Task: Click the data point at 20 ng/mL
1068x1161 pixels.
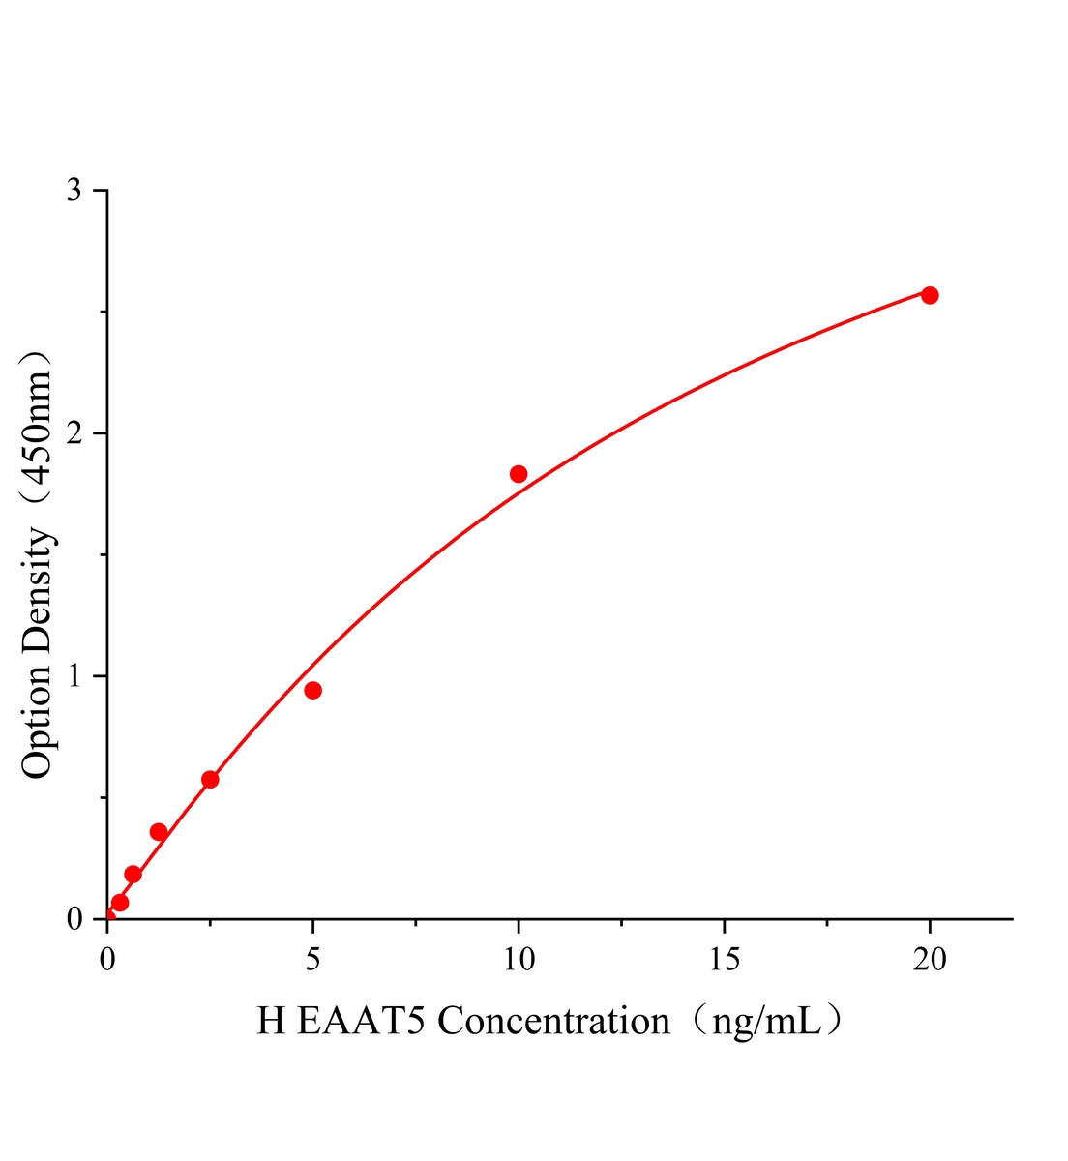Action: (929, 295)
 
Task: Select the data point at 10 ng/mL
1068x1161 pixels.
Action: (519, 474)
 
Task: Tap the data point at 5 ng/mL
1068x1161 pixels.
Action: (312, 690)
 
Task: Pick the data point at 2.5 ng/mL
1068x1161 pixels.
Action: (210, 780)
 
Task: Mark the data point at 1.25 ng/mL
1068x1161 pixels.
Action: (159, 832)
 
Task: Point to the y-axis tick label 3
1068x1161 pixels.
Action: (74, 191)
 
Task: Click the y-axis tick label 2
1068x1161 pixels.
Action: (74, 433)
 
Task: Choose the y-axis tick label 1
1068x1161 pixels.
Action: (74, 676)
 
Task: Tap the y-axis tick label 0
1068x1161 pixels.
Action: (74, 918)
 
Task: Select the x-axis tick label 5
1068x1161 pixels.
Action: (312, 959)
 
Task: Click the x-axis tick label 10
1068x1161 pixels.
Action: (519, 959)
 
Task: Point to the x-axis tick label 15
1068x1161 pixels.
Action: (724, 959)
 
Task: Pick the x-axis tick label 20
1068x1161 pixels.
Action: (929, 959)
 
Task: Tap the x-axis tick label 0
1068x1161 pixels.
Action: (107, 959)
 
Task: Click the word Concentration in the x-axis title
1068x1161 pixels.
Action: (554, 1022)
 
